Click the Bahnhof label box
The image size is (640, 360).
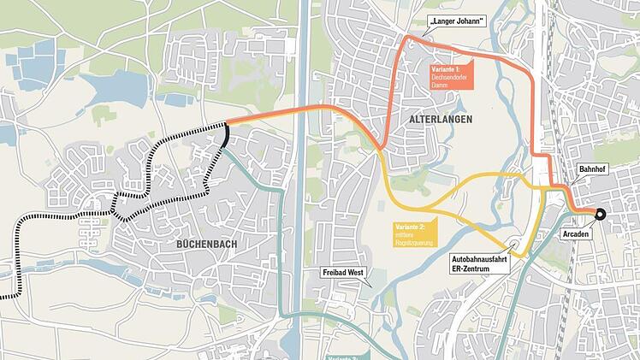click(x=594, y=169)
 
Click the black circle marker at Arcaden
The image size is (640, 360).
click(x=601, y=215)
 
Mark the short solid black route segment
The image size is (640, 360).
click(x=225, y=135)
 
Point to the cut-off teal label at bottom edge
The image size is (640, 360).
click(x=346, y=356)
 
